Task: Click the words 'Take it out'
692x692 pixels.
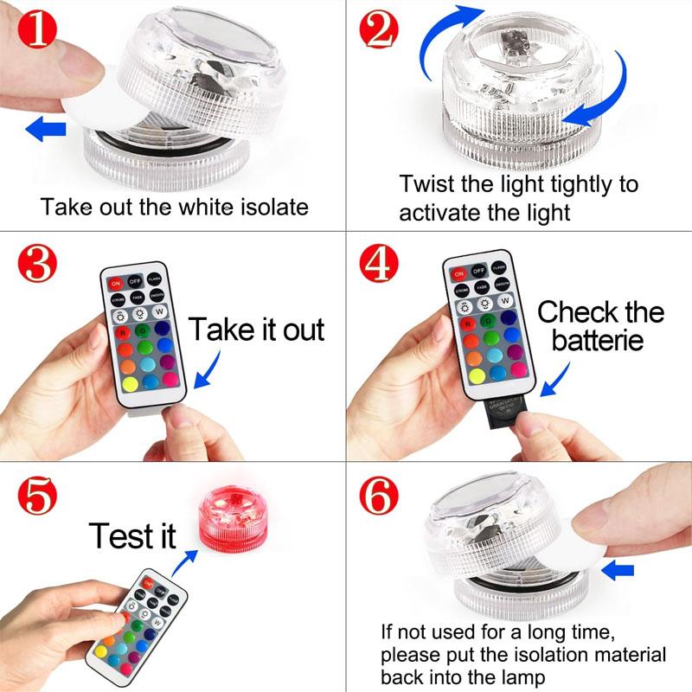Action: pyautogui.click(x=257, y=330)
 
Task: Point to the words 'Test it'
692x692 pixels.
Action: pyautogui.click(x=131, y=536)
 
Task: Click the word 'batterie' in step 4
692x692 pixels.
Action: pyautogui.click(x=598, y=340)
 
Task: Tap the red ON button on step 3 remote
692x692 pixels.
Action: pyautogui.click(x=116, y=282)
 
